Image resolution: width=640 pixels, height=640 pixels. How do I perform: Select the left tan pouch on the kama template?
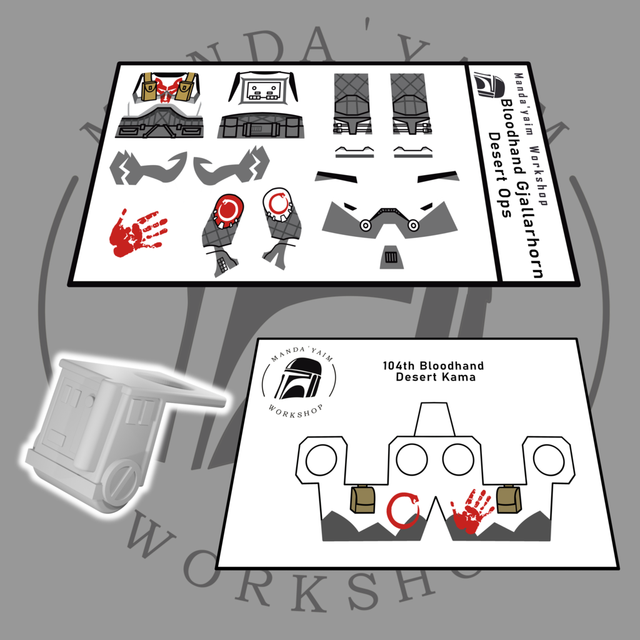tap(363, 499)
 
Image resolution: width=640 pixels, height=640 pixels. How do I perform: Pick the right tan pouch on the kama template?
tap(509, 498)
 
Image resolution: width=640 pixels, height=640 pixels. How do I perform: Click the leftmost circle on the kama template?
tap(322, 459)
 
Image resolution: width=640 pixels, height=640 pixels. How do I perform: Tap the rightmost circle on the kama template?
tap(549, 459)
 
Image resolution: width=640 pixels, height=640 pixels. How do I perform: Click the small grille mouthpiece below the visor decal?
tap(391, 257)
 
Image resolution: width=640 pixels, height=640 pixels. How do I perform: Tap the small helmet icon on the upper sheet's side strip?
tap(489, 85)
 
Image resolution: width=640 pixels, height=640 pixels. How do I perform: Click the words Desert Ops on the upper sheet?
tap(499, 175)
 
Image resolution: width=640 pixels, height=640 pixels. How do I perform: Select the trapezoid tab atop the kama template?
tap(434, 419)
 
